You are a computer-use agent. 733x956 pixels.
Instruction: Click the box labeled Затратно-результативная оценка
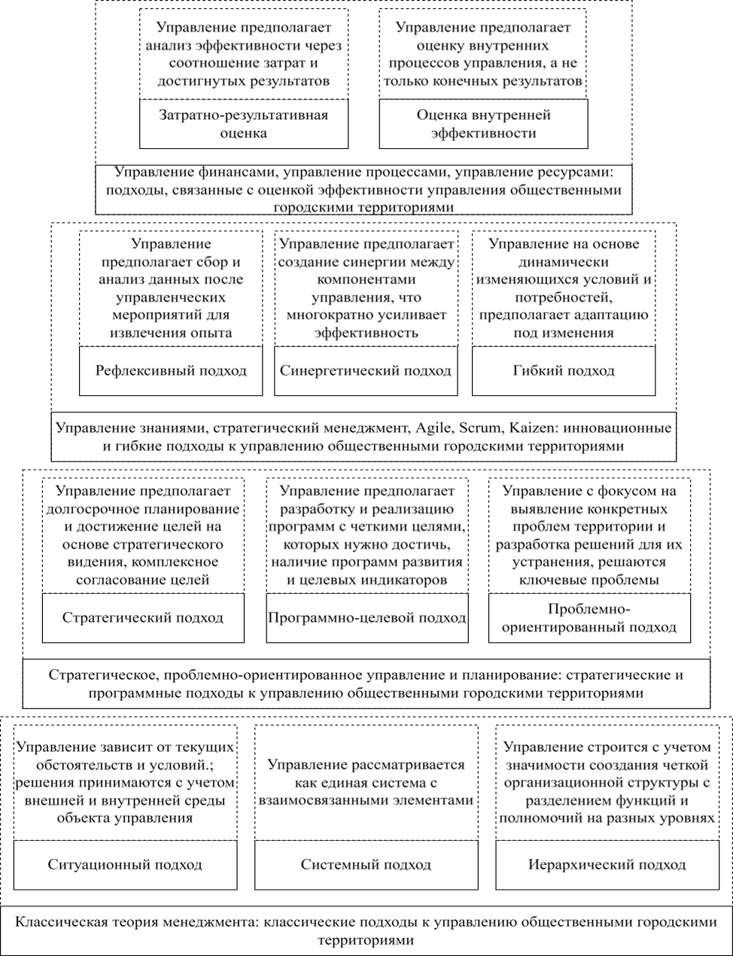coord(244,124)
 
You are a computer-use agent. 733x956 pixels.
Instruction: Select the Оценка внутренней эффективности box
coord(483,124)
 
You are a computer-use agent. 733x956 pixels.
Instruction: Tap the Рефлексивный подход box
coord(171,370)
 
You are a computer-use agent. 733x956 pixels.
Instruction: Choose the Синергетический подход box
coord(365,370)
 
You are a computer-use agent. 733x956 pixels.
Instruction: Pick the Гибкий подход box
coord(564,370)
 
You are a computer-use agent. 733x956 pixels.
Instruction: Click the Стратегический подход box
coord(143,617)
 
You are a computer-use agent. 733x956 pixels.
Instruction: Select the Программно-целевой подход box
coord(366,617)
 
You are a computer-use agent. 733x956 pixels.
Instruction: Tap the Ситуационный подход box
coord(125,864)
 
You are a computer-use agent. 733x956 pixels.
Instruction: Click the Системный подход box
coord(366,864)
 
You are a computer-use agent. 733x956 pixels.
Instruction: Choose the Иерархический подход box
coord(607,864)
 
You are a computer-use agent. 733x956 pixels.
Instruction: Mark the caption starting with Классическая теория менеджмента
coord(366,930)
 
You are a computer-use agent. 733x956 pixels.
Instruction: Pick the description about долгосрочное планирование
coord(143,535)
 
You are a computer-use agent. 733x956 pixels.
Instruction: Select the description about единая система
coord(366,782)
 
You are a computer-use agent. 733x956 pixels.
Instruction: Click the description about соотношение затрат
coord(244,53)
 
